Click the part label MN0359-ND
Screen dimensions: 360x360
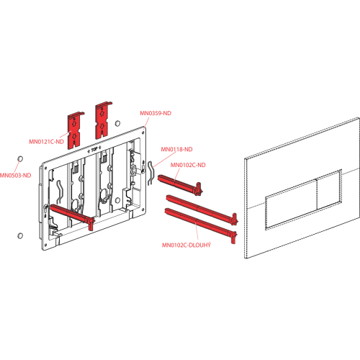[156, 113]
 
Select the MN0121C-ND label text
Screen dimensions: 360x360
[47, 142]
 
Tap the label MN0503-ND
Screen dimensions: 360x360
[15, 176]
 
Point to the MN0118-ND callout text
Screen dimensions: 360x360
[176, 149]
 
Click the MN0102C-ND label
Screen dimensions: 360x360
[188, 165]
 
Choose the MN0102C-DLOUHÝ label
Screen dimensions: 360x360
[186, 245]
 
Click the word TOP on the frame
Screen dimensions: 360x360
[94, 150]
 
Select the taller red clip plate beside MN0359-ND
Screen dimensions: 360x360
[103, 121]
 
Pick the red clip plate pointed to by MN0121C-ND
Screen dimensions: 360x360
[76, 130]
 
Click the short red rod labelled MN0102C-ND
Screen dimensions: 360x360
[180, 184]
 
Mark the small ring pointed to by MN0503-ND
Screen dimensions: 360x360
[20, 159]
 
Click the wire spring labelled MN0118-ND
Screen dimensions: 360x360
[150, 174]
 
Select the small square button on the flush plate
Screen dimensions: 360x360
[329, 190]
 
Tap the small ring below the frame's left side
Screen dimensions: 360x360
[20, 235]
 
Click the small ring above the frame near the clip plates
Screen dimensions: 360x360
[117, 123]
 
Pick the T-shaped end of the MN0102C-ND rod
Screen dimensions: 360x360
[199, 189]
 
